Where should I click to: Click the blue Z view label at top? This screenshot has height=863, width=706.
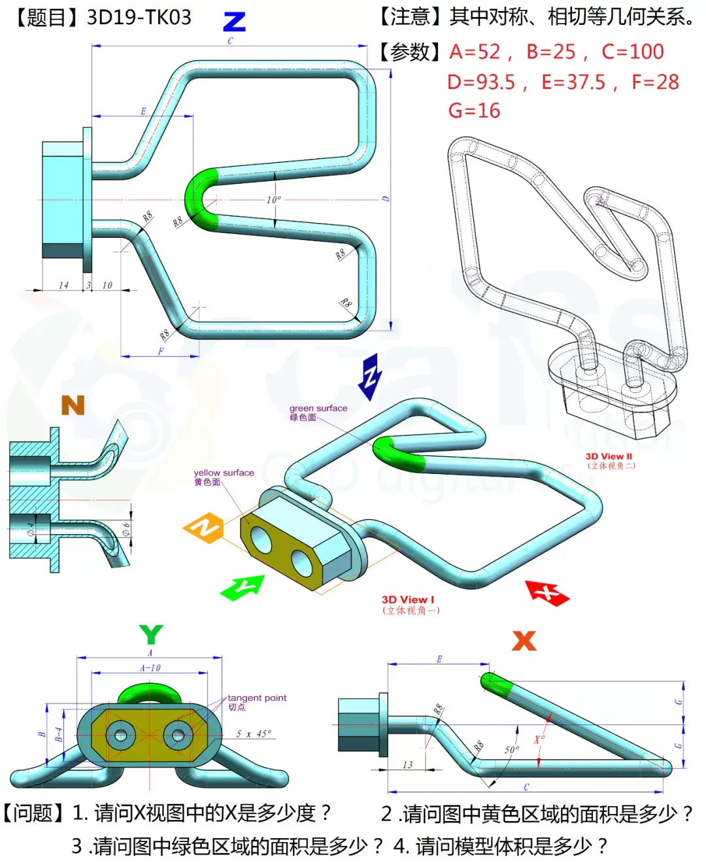click(234, 22)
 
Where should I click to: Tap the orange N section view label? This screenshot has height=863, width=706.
click(73, 405)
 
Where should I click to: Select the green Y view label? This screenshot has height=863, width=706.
click(151, 634)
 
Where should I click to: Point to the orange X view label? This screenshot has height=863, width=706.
click(524, 640)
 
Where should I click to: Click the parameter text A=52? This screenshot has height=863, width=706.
click(475, 52)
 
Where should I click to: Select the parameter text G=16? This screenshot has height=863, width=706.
click(474, 110)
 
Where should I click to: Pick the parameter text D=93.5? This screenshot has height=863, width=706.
click(480, 82)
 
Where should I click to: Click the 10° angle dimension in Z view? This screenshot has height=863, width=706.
click(273, 199)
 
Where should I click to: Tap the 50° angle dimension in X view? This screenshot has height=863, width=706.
click(511, 749)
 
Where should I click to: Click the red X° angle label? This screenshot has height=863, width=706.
click(539, 739)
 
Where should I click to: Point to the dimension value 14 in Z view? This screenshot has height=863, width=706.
click(63, 285)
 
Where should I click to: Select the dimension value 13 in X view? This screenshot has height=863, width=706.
click(407, 764)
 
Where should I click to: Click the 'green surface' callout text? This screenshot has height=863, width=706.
click(318, 408)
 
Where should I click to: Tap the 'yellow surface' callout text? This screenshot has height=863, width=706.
click(224, 473)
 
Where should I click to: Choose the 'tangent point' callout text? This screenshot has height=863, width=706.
click(257, 698)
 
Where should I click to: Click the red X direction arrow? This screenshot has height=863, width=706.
click(547, 592)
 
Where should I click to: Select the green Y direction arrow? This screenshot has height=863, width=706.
click(243, 587)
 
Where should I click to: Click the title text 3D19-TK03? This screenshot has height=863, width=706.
click(139, 17)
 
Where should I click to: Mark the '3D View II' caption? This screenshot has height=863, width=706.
click(609, 456)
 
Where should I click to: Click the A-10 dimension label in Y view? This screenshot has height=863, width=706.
click(150, 668)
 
